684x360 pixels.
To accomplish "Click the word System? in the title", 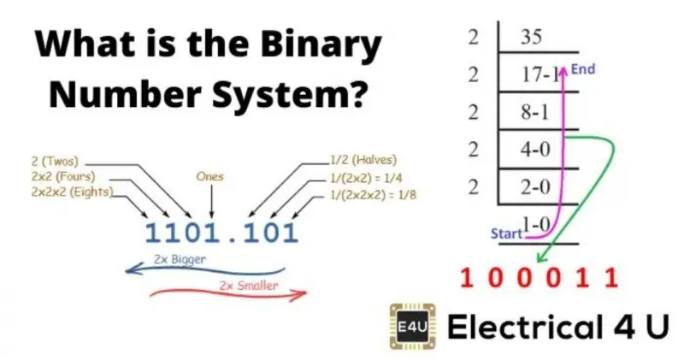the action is [288, 94].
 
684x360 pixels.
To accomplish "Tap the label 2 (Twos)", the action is [55, 161].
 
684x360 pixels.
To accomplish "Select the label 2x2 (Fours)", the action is [62, 176].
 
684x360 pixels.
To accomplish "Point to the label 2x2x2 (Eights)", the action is [72, 192].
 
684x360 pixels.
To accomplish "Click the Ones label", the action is [209, 176].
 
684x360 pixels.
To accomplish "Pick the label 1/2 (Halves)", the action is [363, 160].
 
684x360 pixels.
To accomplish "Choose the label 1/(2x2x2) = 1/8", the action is [373, 194].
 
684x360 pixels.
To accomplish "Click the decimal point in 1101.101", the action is [232, 239].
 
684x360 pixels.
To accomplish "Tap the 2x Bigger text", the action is [180, 259].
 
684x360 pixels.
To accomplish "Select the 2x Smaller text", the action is [249, 286].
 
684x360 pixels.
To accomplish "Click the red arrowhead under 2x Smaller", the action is [301, 293].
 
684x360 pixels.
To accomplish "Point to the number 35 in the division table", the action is [531, 36].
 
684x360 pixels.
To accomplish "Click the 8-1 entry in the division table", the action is [534, 112].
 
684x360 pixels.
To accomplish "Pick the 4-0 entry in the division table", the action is [535, 150].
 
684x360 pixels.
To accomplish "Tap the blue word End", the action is [583, 69].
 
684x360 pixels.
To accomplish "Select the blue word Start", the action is [506, 233].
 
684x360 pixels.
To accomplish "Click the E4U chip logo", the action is [412, 327].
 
